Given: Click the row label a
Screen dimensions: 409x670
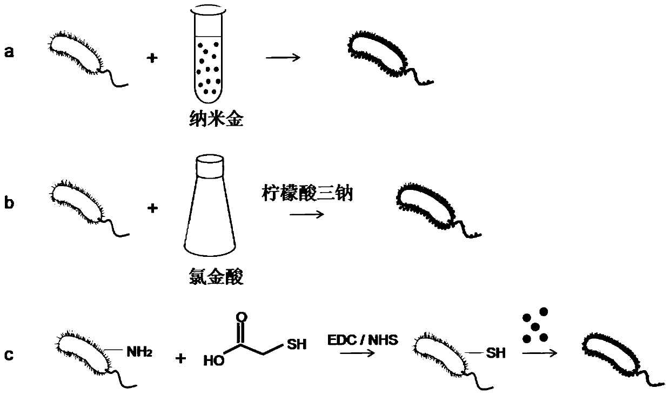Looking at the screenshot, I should pos(9,52).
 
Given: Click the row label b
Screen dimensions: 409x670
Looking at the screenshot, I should pos(9,204).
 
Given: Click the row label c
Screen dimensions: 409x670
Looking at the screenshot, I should pos(9,356).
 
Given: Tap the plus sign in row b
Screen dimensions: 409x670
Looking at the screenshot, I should pos(152,208).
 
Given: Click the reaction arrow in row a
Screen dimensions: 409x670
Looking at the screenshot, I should pos(283,57).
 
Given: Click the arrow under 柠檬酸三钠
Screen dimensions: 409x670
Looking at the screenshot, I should pos(306,214).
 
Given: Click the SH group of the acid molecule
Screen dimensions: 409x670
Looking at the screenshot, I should pos(296,344).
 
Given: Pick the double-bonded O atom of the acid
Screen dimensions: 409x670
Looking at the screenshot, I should pos(242,317).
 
